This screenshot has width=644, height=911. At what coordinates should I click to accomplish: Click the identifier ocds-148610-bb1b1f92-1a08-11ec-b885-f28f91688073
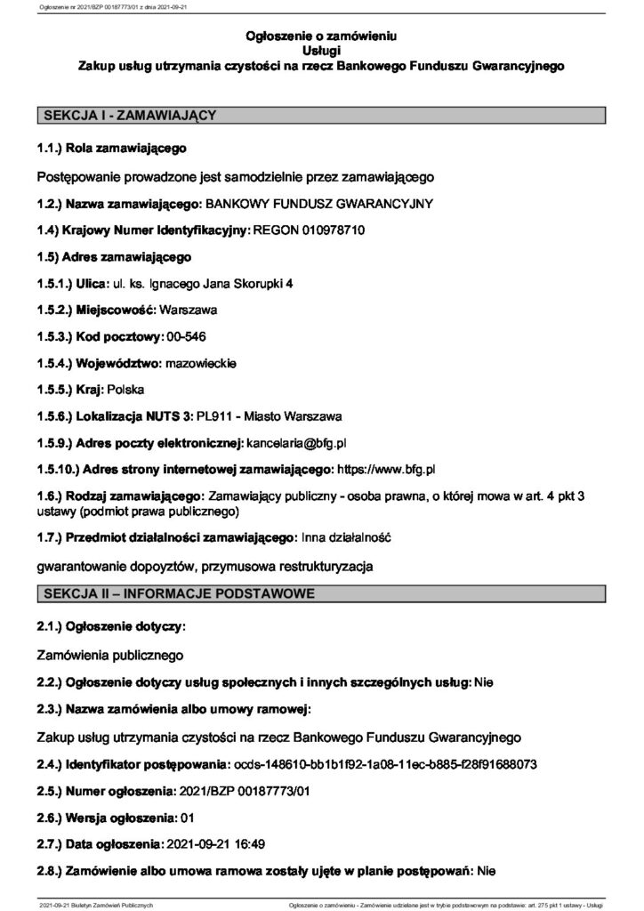(x=383, y=763)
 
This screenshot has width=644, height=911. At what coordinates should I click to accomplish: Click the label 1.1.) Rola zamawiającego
(x=111, y=147)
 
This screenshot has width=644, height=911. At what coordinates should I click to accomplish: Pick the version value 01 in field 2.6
(x=187, y=816)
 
